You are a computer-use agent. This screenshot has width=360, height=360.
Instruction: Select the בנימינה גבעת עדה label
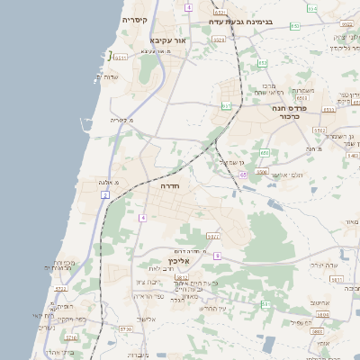[240, 19]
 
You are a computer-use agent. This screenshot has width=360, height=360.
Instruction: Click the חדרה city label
[171, 186]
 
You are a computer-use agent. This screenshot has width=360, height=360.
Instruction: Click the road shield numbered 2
[105, 194]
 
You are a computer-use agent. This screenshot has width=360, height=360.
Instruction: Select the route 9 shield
[217, 256]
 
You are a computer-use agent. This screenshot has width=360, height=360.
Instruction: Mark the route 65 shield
[243, 175]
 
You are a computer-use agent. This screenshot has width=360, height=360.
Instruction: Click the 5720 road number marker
[125, 329]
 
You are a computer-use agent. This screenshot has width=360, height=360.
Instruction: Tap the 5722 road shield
[61, 289]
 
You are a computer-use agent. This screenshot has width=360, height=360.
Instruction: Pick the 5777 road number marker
[213, 236]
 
